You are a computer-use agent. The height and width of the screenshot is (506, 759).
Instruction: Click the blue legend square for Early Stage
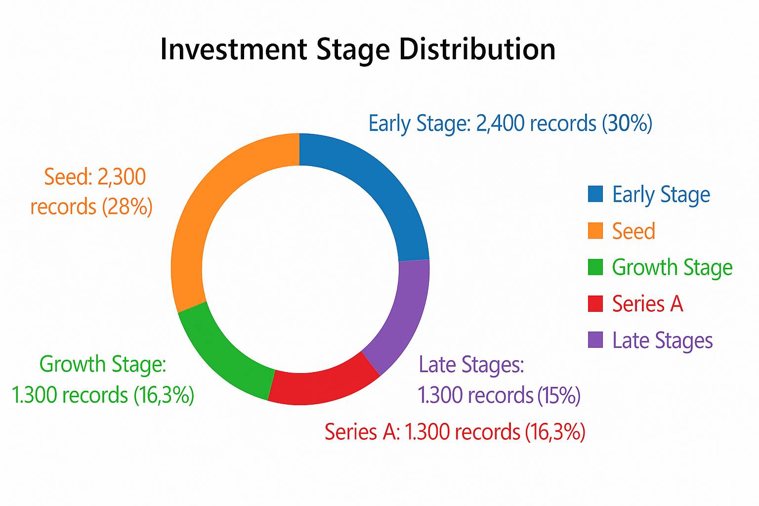[x=595, y=194]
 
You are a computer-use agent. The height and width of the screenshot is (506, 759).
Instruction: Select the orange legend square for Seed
[x=595, y=230]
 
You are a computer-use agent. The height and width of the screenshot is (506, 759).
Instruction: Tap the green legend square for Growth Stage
[x=595, y=267]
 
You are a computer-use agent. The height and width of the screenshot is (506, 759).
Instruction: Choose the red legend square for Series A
[x=595, y=304]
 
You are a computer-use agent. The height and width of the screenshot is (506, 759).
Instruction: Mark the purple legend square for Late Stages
[x=595, y=340]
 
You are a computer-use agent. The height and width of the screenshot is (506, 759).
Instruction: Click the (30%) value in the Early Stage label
[x=627, y=123]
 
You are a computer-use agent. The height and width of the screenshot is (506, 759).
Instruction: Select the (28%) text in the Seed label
[x=127, y=207]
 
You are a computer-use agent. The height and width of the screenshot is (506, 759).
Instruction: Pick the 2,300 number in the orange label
[x=122, y=177]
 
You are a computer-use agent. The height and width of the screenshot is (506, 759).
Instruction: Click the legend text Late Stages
[x=663, y=340]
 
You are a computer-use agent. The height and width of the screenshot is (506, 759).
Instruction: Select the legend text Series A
[x=647, y=304]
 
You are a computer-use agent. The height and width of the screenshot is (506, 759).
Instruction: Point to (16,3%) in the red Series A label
[x=555, y=432]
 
